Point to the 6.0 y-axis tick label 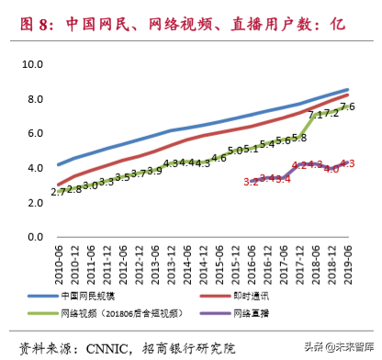(x=36, y=133)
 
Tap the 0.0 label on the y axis (x=36, y=237)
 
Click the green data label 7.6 (x=348, y=107)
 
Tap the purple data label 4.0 (x=331, y=169)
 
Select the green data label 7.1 (x=315, y=115)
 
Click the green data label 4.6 (x=219, y=158)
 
